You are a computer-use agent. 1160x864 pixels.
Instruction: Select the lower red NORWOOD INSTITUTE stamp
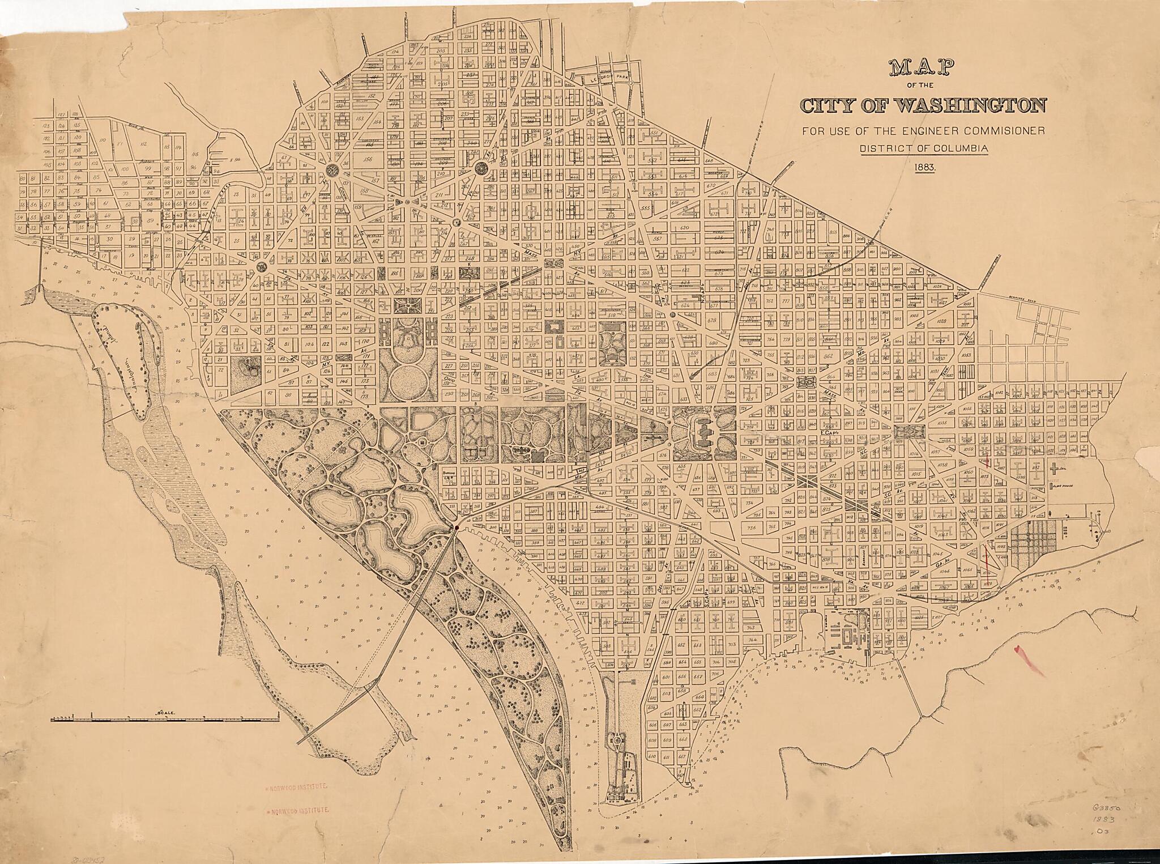pos(298,810)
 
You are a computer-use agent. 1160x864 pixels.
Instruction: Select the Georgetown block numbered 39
pos(150,221)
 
